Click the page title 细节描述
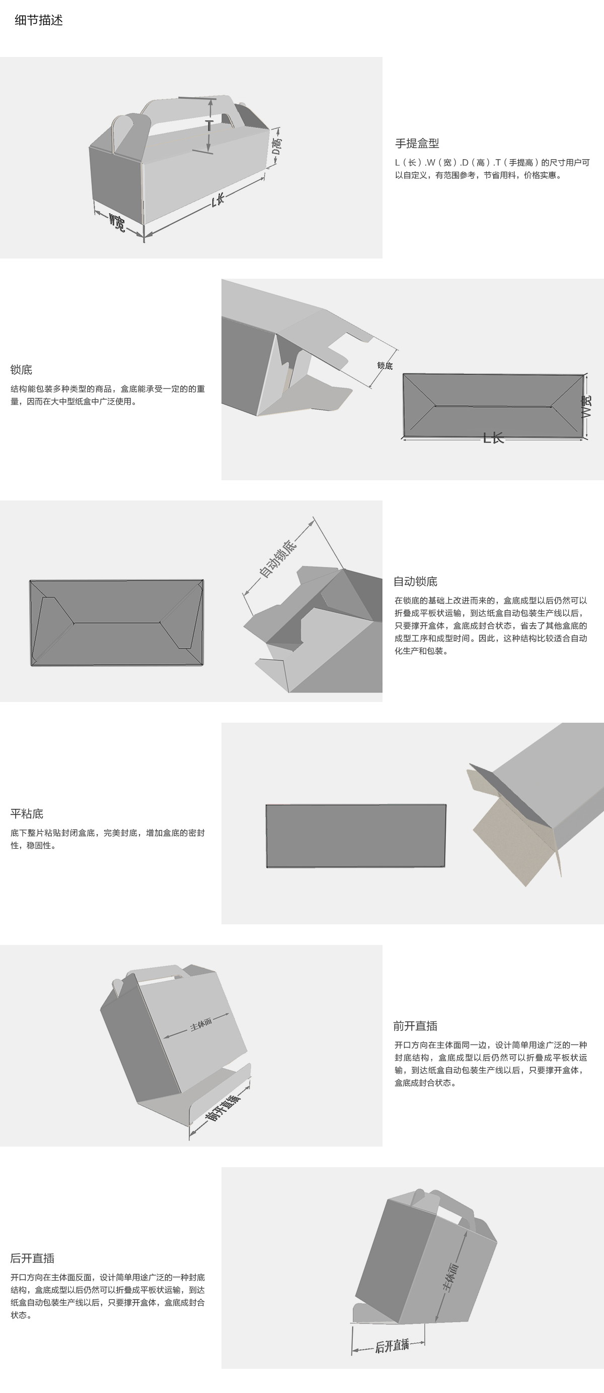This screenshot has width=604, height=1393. (39, 21)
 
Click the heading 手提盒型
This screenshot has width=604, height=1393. (417, 143)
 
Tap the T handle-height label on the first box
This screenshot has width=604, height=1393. (209, 126)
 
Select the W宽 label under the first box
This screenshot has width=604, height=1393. (117, 222)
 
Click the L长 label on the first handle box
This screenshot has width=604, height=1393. (218, 200)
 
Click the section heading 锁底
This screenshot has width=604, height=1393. (21, 370)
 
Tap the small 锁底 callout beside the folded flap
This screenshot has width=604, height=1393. (385, 366)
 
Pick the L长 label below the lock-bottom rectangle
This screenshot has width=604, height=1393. (493, 438)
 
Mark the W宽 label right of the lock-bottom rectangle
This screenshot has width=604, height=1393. (587, 406)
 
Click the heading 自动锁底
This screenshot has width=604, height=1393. (415, 581)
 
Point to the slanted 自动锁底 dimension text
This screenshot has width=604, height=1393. (278, 558)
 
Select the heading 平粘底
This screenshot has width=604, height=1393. (27, 814)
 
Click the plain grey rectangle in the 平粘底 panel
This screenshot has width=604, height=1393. (356, 836)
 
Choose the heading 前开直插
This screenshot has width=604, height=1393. (415, 1026)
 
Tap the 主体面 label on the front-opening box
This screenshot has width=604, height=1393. (201, 1025)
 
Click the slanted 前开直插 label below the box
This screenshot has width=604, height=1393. (222, 1108)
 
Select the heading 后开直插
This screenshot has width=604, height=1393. (32, 1258)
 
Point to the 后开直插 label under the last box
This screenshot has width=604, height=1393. (392, 1346)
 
